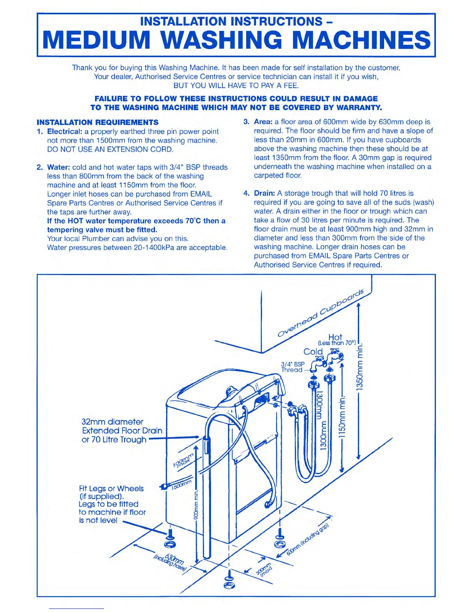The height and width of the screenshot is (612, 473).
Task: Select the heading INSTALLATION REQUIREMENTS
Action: click(x=97, y=122)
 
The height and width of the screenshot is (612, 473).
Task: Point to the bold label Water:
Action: click(x=58, y=167)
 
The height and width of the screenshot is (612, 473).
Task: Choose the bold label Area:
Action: click(x=263, y=122)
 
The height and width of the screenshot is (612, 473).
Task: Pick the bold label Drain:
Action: click(x=264, y=193)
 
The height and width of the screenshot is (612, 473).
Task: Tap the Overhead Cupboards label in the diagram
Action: click(x=321, y=313)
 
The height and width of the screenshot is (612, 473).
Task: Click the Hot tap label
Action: click(x=335, y=337)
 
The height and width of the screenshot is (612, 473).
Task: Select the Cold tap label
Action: click(x=313, y=352)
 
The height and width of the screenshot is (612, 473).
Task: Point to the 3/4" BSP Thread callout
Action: click(x=293, y=367)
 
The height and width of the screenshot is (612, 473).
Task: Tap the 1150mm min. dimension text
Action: click(x=342, y=417)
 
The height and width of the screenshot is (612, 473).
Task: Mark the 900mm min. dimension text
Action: click(x=196, y=506)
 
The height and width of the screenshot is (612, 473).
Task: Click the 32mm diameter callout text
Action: click(x=112, y=422)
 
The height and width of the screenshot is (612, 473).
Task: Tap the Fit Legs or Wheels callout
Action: click(x=111, y=489)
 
